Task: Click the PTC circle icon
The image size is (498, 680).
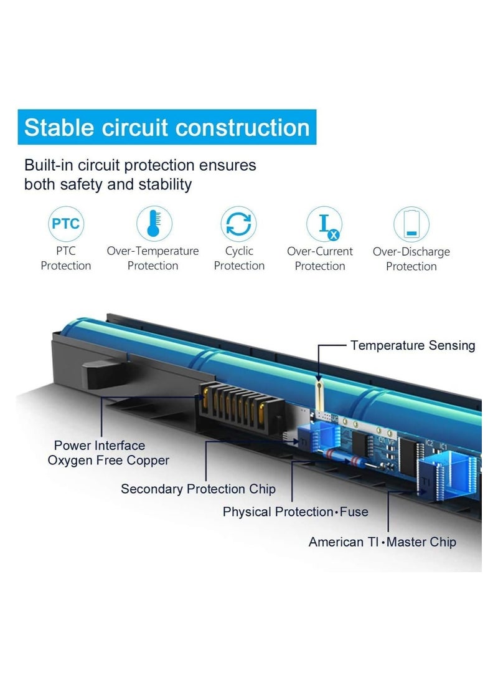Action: point(66,224)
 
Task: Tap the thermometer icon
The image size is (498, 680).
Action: point(154,224)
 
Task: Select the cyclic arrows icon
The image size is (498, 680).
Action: point(238,224)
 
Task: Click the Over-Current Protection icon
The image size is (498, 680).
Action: point(324,224)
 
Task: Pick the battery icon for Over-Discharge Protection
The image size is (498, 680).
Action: point(411,224)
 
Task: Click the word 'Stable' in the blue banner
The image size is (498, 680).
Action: point(59,128)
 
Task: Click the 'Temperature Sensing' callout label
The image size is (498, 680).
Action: point(413,346)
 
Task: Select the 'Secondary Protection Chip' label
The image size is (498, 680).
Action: point(199,489)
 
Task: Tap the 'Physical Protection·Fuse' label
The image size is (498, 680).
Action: point(295,512)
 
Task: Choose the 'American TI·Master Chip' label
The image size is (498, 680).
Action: point(382,542)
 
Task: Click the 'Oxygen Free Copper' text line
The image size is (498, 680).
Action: point(108,461)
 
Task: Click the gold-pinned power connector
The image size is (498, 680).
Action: point(241,408)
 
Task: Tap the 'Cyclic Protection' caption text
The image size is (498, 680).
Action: point(239,259)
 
